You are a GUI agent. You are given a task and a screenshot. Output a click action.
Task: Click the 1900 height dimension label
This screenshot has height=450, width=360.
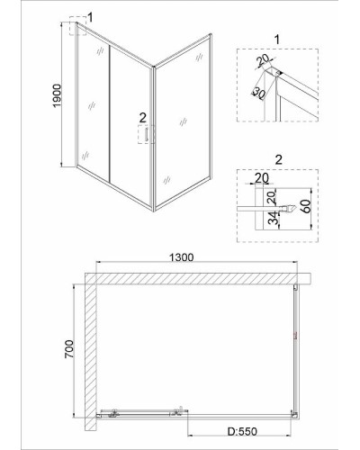pyautogui.click(x=57, y=95)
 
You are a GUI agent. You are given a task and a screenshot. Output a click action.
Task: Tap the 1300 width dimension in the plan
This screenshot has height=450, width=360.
pyautogui.click(x=182, y=257)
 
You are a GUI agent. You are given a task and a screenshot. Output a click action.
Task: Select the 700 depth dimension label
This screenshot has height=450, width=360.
pyautogui.click(x=69, y=349)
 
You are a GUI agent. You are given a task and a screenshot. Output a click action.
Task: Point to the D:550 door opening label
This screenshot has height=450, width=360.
pyautogui.click(x=242, y=431)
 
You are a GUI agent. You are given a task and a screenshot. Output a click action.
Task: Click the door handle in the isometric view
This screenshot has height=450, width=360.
pyautogui.click(x=147, y=134)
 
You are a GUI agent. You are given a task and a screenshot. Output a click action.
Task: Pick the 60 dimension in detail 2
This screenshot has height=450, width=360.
pyautogui.click(x=306, y=206)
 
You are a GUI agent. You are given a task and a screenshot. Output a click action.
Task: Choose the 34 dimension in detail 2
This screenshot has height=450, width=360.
pyautogui.click(x=273, y=218)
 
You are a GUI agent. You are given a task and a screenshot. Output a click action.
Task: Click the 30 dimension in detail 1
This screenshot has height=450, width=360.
pyautogui.click(x=258, y=94)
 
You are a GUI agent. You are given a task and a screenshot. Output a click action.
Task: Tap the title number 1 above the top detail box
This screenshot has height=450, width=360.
pyautogui.click(x=277, y=40)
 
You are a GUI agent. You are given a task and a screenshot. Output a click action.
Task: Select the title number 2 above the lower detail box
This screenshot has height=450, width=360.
pyautogui.click(x=278, y=159)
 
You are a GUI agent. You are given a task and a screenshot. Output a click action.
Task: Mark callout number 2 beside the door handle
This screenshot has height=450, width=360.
pyautogui.click(x=142, y=118)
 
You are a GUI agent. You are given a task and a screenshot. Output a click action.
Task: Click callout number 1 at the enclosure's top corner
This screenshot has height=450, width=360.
pyautogui.click(x=90, y=17)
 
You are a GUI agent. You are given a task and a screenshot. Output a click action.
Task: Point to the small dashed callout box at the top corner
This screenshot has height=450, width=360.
pyautogui.click(x=78, y=26)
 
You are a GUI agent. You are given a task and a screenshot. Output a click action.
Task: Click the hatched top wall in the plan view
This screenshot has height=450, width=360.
pyautogui.click(x=197, y=278)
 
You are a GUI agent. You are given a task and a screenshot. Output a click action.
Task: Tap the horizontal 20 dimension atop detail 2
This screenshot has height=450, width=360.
pyautogui.click(x=262, y=178)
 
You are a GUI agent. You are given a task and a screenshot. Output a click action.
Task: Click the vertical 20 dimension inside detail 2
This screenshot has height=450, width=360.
pyautogui.click(x=271, y=197)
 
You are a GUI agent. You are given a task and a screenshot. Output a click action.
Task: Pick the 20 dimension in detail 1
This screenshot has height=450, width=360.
pyautogui.click(x=263, y=60)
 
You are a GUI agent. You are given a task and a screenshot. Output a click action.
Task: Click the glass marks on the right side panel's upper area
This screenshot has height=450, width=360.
pyautogui.click(x=199, y=58)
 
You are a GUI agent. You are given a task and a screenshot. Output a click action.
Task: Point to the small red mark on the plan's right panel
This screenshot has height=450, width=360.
pyautogui.click(x=294, y=337)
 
